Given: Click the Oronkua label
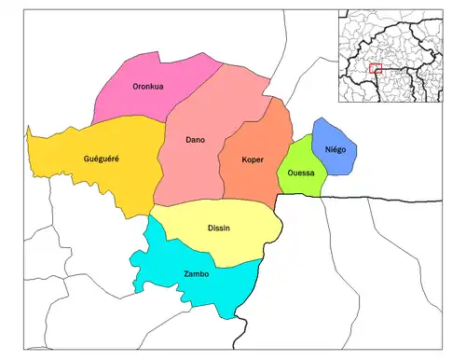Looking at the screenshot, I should [x=150, y=87].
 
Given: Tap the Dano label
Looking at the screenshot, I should [x=196, y=141].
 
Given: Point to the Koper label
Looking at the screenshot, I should [x=252, y=159].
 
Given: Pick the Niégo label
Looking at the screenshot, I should [x=335, y=150].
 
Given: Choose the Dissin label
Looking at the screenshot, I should [x=219, y=228].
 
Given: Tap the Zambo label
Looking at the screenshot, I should [x=197, y=274].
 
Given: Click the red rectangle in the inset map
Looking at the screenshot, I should [x=376, y=68].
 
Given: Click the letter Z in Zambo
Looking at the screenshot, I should [x=185, y=274].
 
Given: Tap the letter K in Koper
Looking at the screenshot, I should [x=242, y=159].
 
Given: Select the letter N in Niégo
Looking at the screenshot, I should [x=326, y=150].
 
